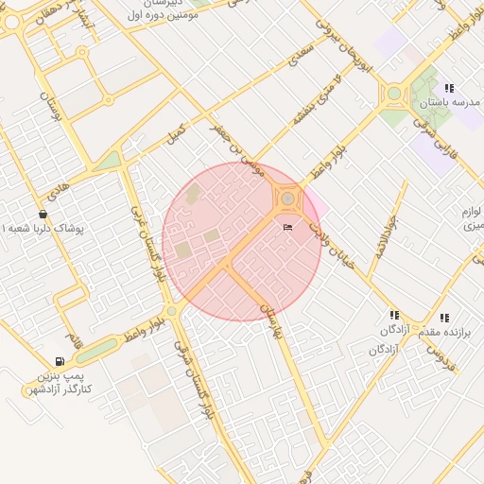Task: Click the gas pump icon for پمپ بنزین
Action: [x=60, y=360]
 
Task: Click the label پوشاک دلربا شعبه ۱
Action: [x=44, y=230]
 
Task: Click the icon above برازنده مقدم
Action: [x=444, y=318]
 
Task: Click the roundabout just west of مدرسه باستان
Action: [x=393, y=94]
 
